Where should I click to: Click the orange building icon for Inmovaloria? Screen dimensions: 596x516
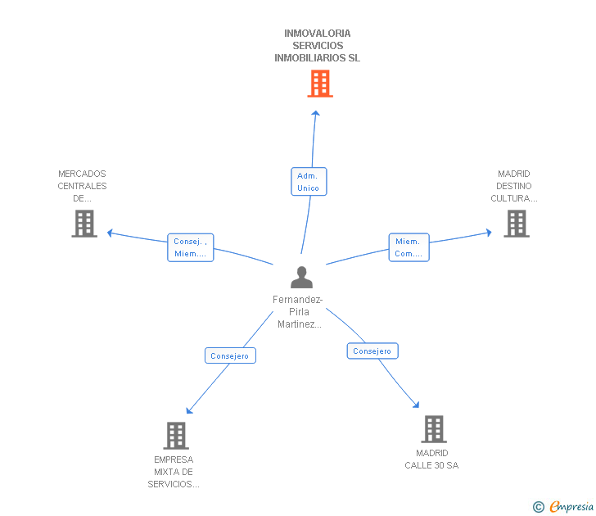pos(320,84)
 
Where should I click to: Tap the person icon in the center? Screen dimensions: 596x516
pos(302,277)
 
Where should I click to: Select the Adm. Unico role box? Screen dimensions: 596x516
pos(309,182)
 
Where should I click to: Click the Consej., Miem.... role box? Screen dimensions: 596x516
pos(191,247)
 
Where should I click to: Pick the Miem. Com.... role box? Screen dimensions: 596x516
pos(409,247)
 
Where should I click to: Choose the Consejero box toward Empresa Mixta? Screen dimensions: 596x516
pos(230,355)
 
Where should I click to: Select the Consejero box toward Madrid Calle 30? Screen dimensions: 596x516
pos(372,351)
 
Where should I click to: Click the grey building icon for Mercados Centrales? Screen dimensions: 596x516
pos(84,224)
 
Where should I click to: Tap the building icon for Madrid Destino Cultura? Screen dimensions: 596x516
pos(517,224)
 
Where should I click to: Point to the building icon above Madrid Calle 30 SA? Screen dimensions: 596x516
pos(434,429)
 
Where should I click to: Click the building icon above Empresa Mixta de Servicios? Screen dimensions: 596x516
pos(176,436)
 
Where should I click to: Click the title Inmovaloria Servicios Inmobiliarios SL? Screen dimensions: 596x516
pos(318,46)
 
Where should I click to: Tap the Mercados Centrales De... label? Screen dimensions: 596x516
pos(82,186)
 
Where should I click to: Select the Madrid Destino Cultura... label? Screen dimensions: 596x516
pos(514,186)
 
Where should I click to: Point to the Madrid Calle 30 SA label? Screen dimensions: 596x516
pos(431,459)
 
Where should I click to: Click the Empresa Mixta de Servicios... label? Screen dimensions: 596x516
pos(174,472)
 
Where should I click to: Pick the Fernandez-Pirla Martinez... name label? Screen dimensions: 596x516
pos(298,312)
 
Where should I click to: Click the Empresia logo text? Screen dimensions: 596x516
pos(571,506)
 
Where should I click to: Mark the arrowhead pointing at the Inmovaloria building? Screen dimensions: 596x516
pos(315,113)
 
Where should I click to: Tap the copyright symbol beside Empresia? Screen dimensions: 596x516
pos(539,507)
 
